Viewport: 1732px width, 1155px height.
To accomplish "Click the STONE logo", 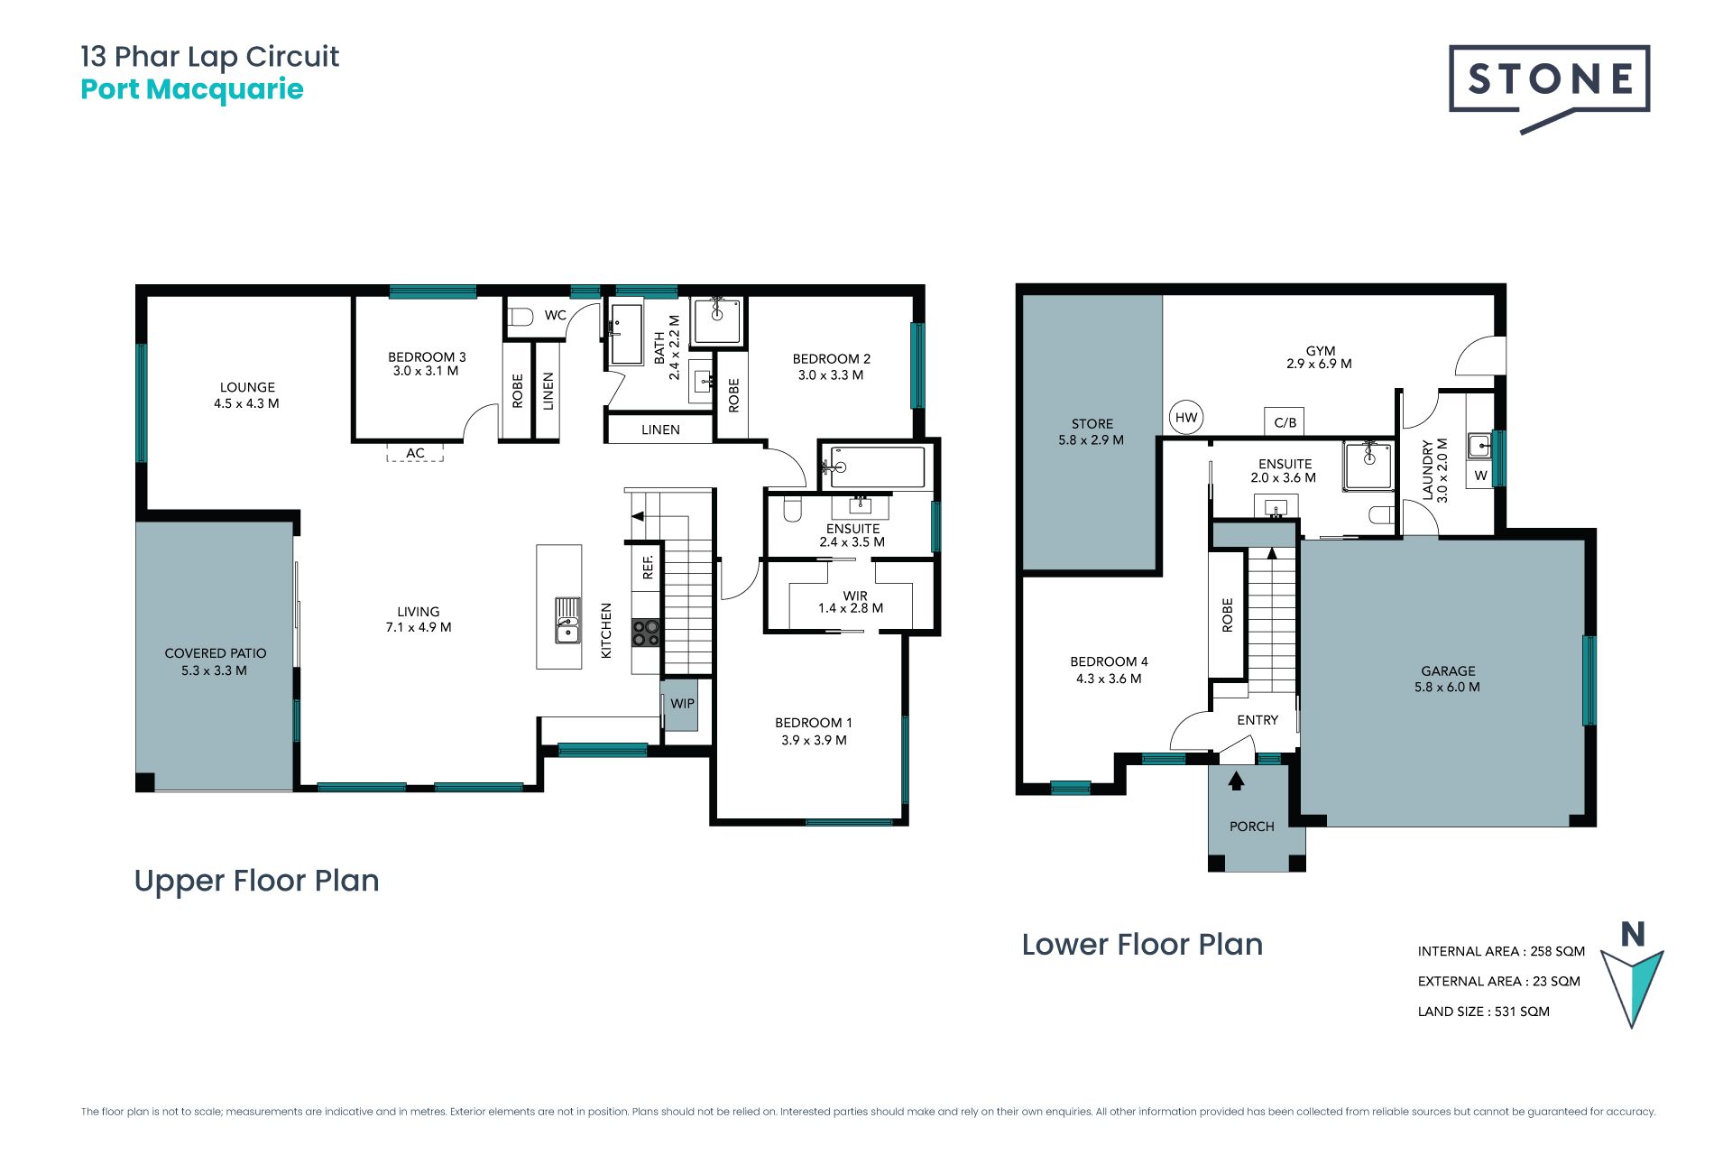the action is (1549, 88).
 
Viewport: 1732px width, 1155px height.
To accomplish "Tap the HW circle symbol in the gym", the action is (1186, 418).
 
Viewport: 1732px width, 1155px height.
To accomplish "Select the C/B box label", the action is (1285, 422).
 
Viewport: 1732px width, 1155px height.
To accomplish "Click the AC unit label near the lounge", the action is (415, 453).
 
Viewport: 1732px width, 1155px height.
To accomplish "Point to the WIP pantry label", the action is (682, 704).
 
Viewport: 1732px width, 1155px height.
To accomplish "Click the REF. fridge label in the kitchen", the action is (648, 568).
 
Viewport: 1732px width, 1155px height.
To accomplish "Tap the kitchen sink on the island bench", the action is (567, 620).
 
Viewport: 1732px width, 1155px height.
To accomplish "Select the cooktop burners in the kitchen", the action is (646, 633).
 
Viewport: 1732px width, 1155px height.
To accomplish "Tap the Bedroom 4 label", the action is (1109, 670).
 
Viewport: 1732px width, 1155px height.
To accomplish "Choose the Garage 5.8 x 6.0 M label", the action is (1448, 679).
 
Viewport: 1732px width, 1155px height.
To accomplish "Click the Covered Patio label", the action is (215, 661).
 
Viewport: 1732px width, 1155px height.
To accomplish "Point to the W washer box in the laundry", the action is (1480, 476).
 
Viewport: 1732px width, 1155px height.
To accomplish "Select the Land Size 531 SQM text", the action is (1484, 1012).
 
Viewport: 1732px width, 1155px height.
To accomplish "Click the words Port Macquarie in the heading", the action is (192, 89).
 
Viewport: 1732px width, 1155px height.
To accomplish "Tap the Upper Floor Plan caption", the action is (257, 881).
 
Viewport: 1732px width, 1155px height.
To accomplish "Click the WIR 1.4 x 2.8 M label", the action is (851, 602).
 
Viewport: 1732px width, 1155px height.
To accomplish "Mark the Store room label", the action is (1092, 431).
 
